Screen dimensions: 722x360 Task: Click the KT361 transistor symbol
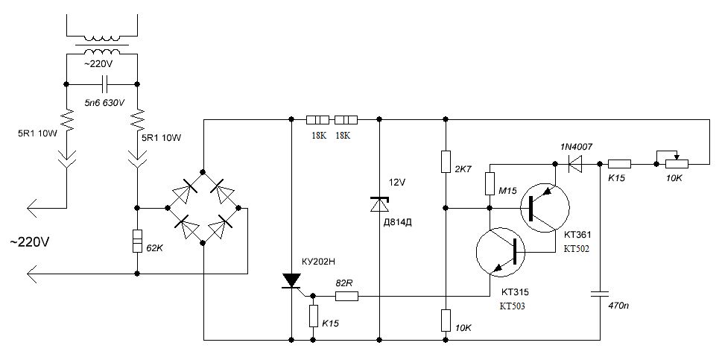(545, 208)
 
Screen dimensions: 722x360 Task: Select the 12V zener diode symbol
(379, 204)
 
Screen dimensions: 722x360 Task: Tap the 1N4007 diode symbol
(574, 163)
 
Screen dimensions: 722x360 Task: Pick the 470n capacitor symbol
(601, 294)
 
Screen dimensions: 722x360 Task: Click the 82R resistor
(346, 297)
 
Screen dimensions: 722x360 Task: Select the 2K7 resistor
(446, 161)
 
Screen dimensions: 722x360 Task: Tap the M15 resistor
(490, 183)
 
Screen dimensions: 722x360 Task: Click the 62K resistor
(137, 241)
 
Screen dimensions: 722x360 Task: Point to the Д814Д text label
(398, 222)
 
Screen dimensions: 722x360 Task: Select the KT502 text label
(577, 249)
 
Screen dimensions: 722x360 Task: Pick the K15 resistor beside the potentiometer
(619, 163)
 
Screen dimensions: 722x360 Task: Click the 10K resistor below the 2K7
(446, 320)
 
